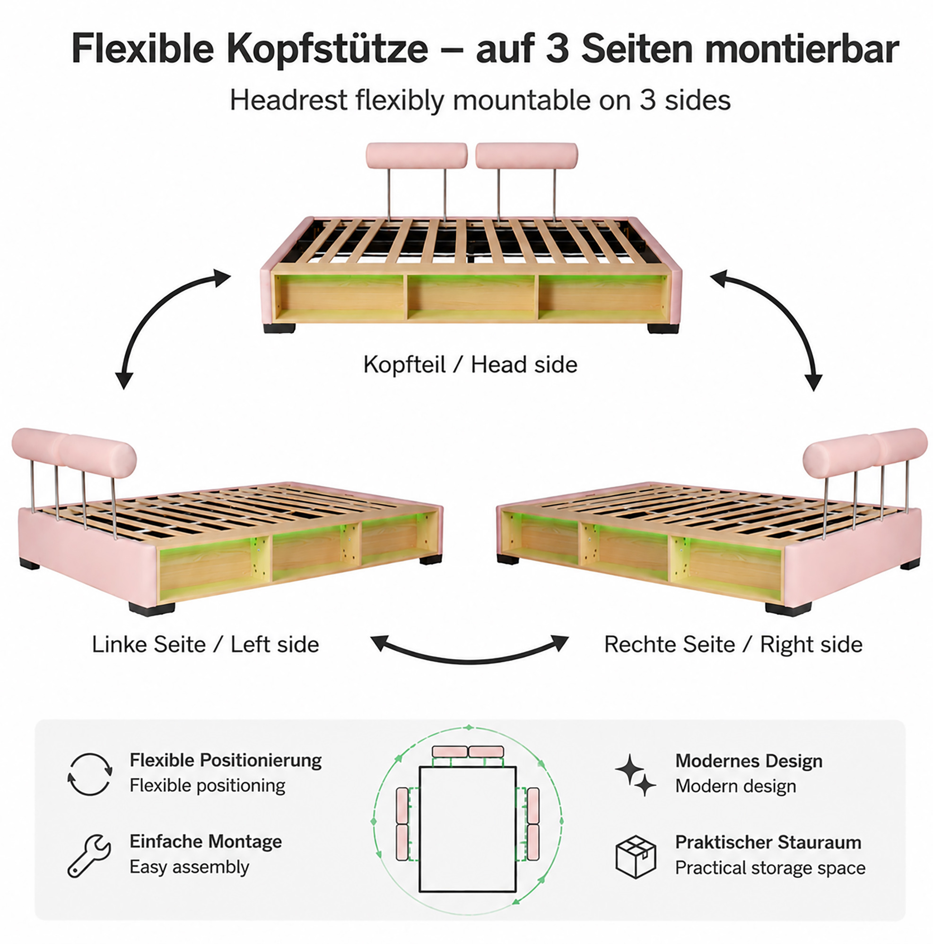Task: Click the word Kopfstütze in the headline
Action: (327, 49)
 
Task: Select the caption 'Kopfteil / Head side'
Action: (470, 364)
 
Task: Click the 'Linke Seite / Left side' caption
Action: (205, 644)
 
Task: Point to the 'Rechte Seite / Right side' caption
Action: (733, 644)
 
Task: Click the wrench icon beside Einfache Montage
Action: (89, 855)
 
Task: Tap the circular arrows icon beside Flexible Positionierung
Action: (89, 774)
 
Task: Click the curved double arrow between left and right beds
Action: (470, 661)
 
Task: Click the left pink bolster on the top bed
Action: (417, 155)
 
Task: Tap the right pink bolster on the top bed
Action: (526, 155)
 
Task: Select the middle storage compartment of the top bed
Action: (471, 297)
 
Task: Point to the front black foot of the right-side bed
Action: (788, 609)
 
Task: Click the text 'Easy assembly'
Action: (189, 867)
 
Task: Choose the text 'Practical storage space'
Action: (770, 868)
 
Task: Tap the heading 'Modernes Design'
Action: (749, 761)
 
